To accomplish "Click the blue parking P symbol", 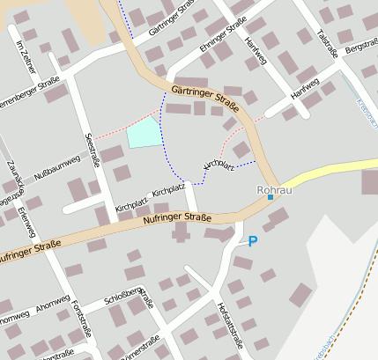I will click(253, 240).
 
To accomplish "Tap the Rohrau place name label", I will click(272, 189).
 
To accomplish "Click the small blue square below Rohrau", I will click(271, 198).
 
